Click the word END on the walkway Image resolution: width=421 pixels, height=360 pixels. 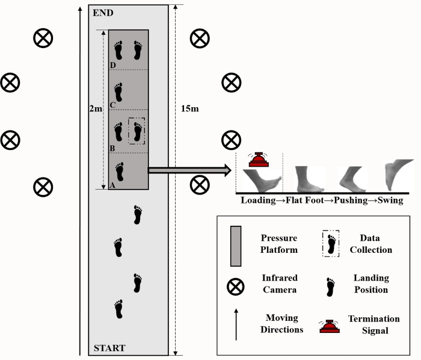point(103,13)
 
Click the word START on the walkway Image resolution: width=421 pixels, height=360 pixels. point(109,348)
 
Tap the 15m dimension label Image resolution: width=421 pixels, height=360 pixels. point(190,108)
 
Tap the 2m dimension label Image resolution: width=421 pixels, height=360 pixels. point(96,108)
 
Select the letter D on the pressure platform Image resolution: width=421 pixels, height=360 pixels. point(113,65)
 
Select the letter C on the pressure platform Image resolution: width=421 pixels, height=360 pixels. point(113,105)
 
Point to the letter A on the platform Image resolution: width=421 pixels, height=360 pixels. point(112,185)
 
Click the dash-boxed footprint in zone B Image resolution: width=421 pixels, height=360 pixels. point(137,131)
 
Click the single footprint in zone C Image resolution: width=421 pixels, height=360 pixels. point(118,92)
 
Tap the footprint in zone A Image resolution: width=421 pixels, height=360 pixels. point(120,172)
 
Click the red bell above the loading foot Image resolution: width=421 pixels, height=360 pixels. point(259,160)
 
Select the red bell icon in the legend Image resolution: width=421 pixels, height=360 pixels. point(330,326)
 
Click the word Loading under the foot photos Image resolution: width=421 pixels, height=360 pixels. point(258,200)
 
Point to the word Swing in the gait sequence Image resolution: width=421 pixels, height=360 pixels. point(390,200)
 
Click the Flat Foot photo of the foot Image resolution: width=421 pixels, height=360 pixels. point(310,179)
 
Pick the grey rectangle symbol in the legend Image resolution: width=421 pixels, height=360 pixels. point(236,246)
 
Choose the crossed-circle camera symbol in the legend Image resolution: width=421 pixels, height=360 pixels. point(236,287)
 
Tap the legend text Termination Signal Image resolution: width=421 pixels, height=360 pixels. point(374,324)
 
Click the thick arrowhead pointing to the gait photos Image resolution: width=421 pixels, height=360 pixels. point(228,170)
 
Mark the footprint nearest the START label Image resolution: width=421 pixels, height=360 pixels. point(118,309)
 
